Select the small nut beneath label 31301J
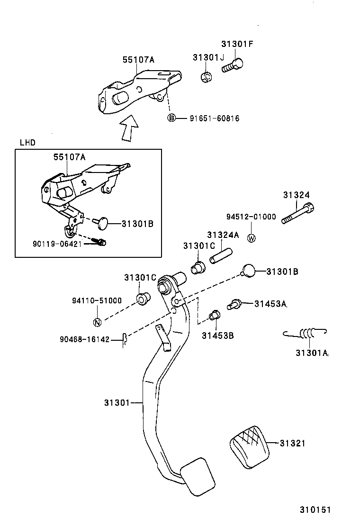[x=206, y=77]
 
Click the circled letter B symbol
[x=171, y=118]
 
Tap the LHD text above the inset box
[x=27, y=142]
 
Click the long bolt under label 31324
[x=298, y=214]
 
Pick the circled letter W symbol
[x=252, y=238]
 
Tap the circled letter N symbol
[x=97, y=323]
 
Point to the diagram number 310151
[x=315, y=510]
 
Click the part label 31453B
[x=217, y=336]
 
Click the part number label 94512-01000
[x=251, y=217]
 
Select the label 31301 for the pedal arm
[x=117, y=403]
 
